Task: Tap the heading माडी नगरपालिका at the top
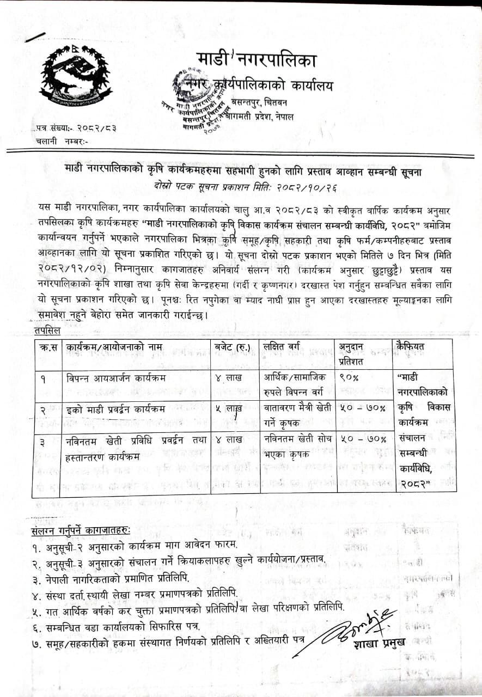click(x=256, y=59)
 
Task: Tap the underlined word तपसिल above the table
click(x=47, y=331)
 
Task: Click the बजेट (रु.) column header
click(x=233, y=346)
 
